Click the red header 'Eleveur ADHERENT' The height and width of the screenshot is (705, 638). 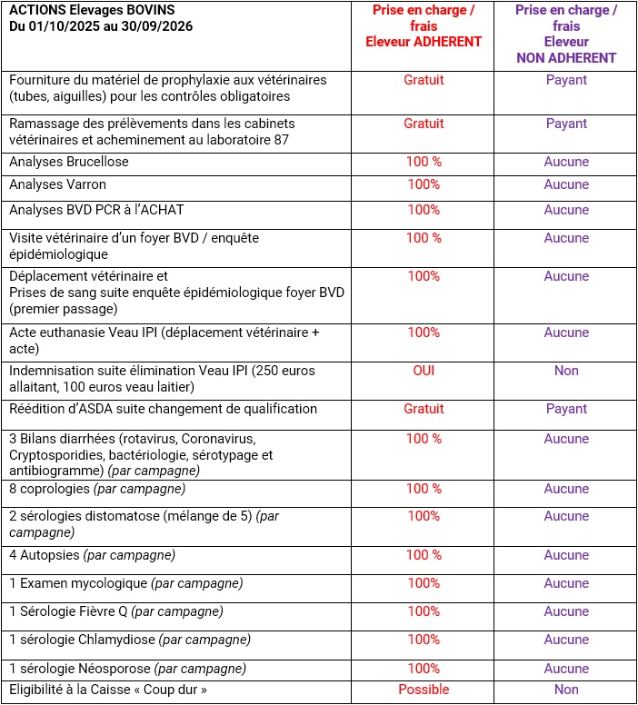coord(424,42)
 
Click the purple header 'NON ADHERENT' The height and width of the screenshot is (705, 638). coord(566,58)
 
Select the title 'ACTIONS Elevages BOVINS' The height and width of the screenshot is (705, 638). coord(91,10)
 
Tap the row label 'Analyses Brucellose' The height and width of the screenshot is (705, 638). coord(69,162)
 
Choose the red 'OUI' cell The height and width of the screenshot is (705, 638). coord(424,371)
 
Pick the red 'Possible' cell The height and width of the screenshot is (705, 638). coord(424,690)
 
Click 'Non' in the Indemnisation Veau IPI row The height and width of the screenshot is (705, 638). coord(566,371)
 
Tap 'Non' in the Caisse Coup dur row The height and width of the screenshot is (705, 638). coord(566,690)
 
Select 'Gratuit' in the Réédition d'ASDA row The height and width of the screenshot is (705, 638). coord(424,409)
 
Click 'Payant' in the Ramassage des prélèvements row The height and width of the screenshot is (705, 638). coord(566,124)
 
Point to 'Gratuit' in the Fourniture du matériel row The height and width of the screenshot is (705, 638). coord(424,80)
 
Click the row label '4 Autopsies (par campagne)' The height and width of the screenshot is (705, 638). coord(92,555)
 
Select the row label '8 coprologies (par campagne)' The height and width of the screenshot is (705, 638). coord(97,489)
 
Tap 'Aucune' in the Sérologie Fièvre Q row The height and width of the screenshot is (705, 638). coord(566,611)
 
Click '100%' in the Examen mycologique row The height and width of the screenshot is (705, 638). coord(424,583)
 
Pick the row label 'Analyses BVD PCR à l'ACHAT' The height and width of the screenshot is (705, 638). coord(96,210)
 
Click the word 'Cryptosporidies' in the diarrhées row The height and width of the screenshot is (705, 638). coord(53,455)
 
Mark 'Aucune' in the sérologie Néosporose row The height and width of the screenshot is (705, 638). coord(566,669)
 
